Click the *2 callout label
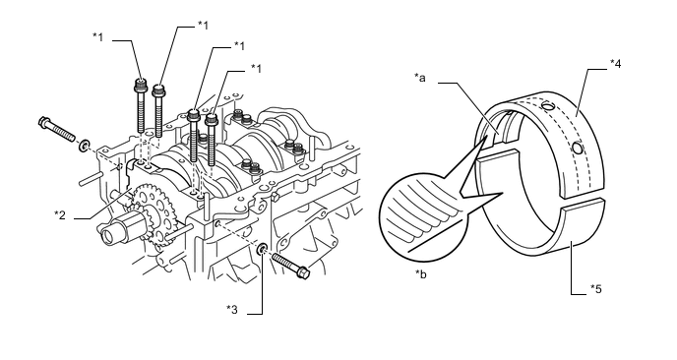click(x=60, y=214)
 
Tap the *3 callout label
click(x=232, y=310)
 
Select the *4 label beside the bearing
click(x=615, y=64)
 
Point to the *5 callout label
click(x=596, y=289)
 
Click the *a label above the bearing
click(x=419, y=78)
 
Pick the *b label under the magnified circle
click(x=420, y=274)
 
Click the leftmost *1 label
click(x=98, y=37)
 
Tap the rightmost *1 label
click(x=256, y=69)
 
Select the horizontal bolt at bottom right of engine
click(x=291, y=265)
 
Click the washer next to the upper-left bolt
click(x=84, y=146)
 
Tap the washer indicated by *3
click(x=262, y=249)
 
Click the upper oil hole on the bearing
click(x=548, y=106)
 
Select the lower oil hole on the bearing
click(x=578, y=149)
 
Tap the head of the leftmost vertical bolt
click(x=140, y=85)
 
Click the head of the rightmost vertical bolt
click(x=212, y=119)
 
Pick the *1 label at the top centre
click(x=203, y=26)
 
